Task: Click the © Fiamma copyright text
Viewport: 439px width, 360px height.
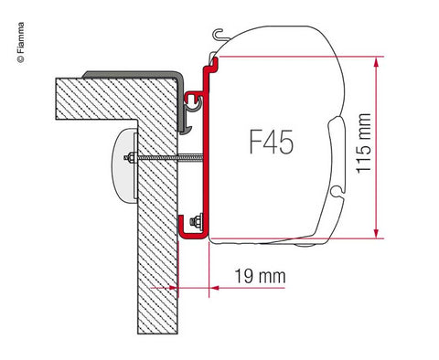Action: (x=10, y=37)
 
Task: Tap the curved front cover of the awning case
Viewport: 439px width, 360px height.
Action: (x=352, y=137)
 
